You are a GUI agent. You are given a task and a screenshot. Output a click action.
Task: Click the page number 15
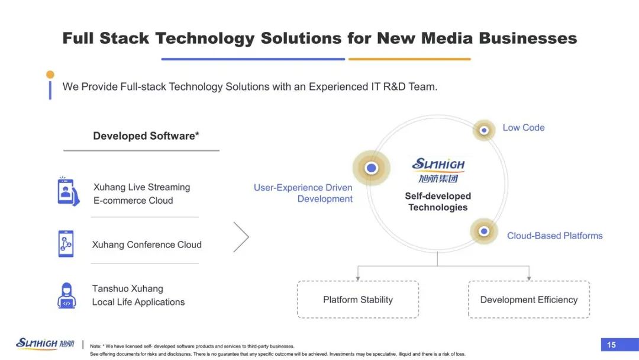click(611, 345)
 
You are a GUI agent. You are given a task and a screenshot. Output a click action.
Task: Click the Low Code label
click(524, 128)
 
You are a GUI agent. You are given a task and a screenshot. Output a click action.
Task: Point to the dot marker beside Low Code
click(484, 130)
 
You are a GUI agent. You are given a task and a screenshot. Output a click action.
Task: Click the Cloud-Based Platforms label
click(554, 236)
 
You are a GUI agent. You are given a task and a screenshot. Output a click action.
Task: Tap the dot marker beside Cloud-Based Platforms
click(484, 231)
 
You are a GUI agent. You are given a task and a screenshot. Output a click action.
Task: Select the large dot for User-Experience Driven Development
click(371, 168)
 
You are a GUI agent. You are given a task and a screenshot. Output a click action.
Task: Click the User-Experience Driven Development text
click(303, 193)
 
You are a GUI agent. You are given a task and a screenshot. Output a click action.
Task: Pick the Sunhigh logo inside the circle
click(438, 170)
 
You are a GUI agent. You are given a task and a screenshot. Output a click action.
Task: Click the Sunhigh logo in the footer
click(45, 343)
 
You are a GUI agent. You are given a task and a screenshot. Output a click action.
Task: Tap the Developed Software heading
click(146, 136)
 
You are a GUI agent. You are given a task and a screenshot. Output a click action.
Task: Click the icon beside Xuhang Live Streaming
click(68, 191)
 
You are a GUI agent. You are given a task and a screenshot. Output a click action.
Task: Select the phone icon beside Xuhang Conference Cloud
click(66, 244)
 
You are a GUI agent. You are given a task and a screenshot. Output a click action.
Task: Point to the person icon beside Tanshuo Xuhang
click(67, 295)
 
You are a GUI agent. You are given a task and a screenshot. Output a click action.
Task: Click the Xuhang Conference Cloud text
click(147, 245)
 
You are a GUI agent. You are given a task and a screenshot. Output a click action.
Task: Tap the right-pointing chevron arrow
click(241, 237)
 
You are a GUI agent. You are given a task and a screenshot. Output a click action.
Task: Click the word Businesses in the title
click(528, 38)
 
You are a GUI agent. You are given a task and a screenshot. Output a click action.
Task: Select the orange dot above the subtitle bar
click(50, 75)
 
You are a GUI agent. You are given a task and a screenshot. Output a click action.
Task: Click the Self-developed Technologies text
click(438, 201)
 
